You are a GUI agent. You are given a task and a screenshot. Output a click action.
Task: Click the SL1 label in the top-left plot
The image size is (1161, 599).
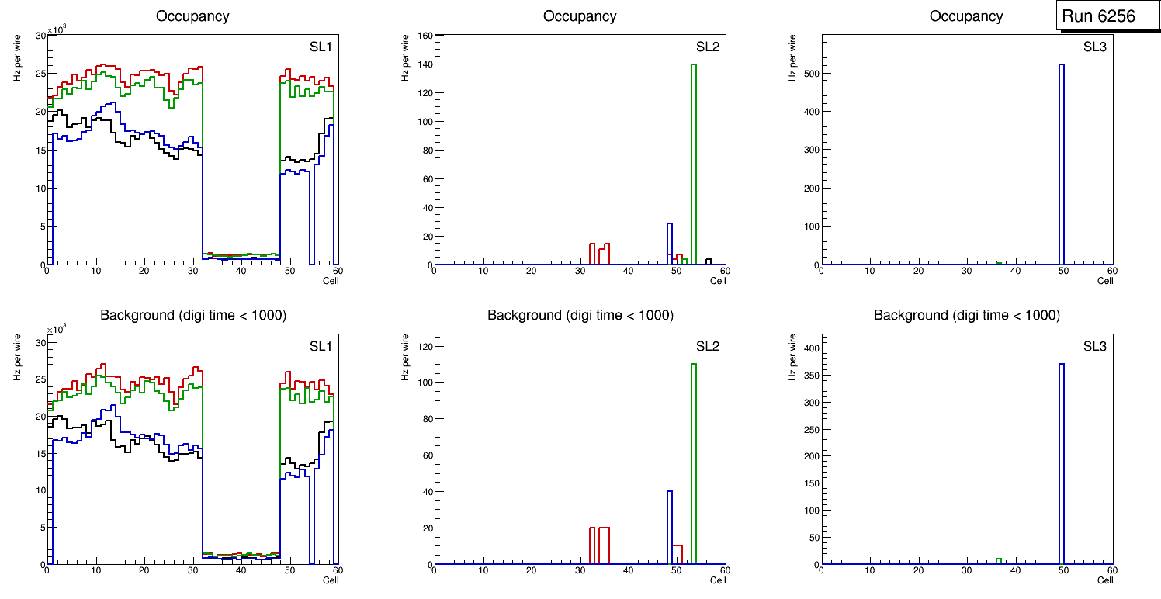[x=321, y=47]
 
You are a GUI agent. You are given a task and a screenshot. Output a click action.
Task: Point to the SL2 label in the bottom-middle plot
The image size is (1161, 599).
[x=707, y=346]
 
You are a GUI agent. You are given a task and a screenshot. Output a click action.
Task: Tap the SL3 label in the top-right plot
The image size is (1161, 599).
[x=1094, y=47]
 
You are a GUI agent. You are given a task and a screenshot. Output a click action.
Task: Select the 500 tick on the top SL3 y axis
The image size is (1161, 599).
[x=809, y=74]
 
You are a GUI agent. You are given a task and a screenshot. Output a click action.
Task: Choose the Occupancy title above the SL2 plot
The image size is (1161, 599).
[x=580, y=16]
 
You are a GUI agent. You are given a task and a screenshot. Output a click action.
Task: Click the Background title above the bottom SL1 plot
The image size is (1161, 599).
[x=193, y=315]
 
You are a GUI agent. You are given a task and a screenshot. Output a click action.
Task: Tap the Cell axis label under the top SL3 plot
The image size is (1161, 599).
[x=1104, y=281]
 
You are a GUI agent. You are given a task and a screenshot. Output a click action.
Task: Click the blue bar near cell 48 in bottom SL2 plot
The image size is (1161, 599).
[x=669, y=528]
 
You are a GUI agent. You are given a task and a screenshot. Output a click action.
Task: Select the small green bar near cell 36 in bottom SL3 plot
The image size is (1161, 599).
[x=999, y=561]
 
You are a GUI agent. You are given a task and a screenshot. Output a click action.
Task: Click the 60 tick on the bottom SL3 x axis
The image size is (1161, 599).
[x=1111, y=571]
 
